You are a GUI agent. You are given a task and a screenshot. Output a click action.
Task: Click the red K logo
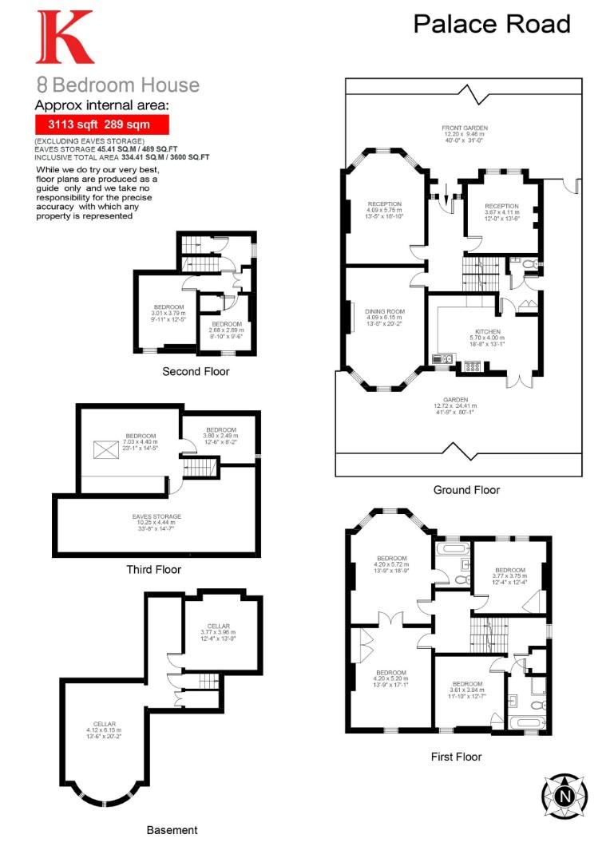(x=65, y=38)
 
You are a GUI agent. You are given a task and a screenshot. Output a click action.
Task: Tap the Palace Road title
(x=492, y=24)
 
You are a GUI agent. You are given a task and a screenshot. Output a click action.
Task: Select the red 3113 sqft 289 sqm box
(x=102, y=125)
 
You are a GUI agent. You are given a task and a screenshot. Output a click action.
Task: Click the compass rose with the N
(x=564, y=794)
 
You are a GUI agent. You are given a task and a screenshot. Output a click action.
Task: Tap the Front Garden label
(x=465, y=134)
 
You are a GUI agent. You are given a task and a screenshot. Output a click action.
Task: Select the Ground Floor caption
(x=466, y=489)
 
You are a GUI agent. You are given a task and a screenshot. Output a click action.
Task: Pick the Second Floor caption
(x=196, y=371)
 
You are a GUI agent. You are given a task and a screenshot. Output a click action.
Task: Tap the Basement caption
(x=172, y=830)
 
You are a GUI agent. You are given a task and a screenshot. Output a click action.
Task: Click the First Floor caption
(x=455, y=757)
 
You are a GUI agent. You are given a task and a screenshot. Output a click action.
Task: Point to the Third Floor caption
(x=153, y=570)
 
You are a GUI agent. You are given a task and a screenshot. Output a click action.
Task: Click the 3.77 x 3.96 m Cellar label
(x=219, y=631)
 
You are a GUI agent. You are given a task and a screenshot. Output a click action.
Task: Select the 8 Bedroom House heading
(x=117, y=85)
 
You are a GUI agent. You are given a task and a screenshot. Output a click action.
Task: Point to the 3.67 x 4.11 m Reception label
(x=501, y=212)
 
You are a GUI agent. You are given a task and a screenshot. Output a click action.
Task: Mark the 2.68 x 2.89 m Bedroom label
(x=227, y=330)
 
